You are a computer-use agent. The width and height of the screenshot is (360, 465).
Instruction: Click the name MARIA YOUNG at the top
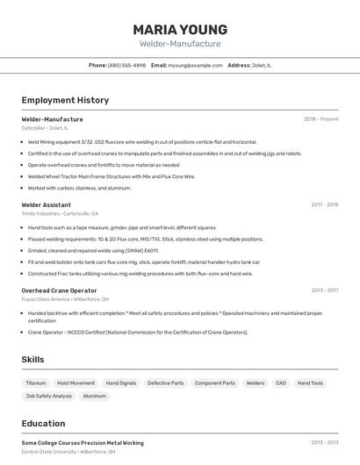[x=180, y=29]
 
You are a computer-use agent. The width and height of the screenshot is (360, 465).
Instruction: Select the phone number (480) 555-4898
[x=126, y=65]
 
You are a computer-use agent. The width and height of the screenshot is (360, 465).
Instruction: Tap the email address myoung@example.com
[x=194, y=65]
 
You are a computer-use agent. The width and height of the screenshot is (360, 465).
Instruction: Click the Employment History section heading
[x=65, y=100]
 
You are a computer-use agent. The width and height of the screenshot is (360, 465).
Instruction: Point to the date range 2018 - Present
[x=320, y=118]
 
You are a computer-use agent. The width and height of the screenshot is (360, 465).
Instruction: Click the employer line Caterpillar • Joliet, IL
[x=45, y=128]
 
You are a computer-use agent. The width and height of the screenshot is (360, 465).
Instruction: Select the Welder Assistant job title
[x=46, y=204]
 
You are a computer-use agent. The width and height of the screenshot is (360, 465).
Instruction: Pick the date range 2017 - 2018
[x=324, y=204]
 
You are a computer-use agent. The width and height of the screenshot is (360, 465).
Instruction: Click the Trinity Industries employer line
[x=60, y=214]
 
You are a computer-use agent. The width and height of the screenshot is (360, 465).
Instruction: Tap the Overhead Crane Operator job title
[x=59, y=290]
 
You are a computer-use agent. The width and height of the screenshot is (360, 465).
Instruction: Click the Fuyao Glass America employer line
[x=65, y=299]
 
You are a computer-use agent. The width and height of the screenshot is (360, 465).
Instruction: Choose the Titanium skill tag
[x=36, y=383]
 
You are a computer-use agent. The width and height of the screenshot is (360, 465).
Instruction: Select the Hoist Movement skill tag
[x=76, y=383]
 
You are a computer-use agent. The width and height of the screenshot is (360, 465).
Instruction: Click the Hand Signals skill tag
[x=121, y=383]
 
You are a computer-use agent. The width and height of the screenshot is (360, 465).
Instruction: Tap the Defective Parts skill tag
[x=165, y=383]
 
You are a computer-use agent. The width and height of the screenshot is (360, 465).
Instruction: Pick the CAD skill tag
[x=281, y=383]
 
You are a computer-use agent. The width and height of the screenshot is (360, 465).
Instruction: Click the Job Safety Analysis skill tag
[x=49, y=396]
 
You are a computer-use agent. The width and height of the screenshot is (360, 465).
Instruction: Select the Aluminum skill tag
[x=95, y=396]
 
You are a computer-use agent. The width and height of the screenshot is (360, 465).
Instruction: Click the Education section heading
[x=43, y=423]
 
